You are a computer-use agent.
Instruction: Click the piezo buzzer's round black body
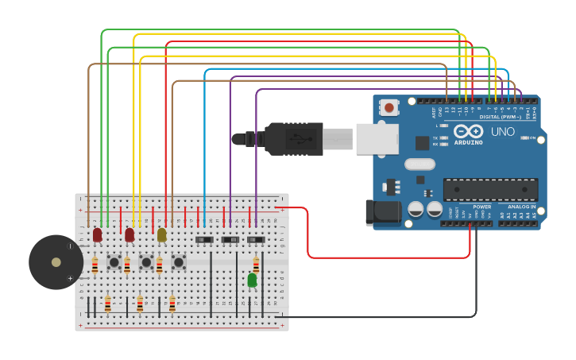coord(56,262)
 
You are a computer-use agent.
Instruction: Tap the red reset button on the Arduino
coord(389,107)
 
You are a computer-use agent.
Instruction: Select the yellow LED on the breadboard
coord(162,235)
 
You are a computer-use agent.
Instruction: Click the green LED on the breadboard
coord(252,280)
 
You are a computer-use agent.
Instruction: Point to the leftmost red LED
coord(97,235)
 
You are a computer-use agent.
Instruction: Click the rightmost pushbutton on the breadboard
coord(179,261)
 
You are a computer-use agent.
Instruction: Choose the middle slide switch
coord(230,239)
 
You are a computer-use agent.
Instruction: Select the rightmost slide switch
coord(256,239)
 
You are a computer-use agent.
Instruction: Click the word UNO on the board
coord(502,132)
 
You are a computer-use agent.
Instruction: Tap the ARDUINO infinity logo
coord(468,131)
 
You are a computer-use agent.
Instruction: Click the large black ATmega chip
coord(490,189)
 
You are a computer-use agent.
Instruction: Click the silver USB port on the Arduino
coord(377,138)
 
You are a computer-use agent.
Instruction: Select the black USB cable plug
coord(294,138)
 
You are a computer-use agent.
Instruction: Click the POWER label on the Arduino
coord(481,207)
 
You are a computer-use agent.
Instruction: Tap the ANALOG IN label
coord(521,207)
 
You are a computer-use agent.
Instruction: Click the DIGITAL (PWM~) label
coord(501,117)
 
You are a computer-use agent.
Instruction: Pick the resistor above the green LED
coord(256,265)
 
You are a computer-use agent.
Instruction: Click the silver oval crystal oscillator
coord(419,165)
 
